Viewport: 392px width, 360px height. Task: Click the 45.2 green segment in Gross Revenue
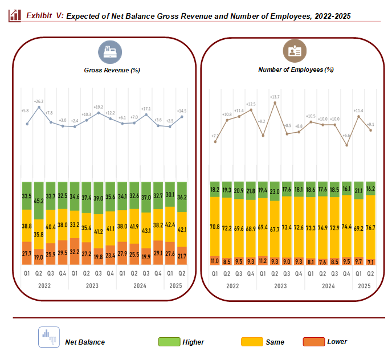click(x=39, y=201)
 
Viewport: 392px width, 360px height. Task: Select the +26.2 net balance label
click(x=39, y=101)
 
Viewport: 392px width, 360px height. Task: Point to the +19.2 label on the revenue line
click(x=99, y=107)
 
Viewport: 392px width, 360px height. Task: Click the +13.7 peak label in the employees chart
click(x=276, y=97)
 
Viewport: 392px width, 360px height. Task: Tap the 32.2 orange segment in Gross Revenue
click(x=74, y=251)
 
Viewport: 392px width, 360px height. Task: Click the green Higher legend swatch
click(x=168, y=342)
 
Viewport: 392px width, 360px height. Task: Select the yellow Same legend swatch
click(x=251, y=342)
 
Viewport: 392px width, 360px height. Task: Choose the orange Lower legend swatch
click(x=312, y=342)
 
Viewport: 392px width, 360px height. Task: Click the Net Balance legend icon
click(x=49, y=337)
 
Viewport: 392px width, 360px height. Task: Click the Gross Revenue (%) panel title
click(x=112, y=70)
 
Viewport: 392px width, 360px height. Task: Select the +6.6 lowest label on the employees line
click(x=347, y=136)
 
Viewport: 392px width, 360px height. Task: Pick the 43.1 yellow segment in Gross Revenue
click(x=146, y=230)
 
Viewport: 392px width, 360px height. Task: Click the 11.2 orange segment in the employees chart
click(x=263, y=261)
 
